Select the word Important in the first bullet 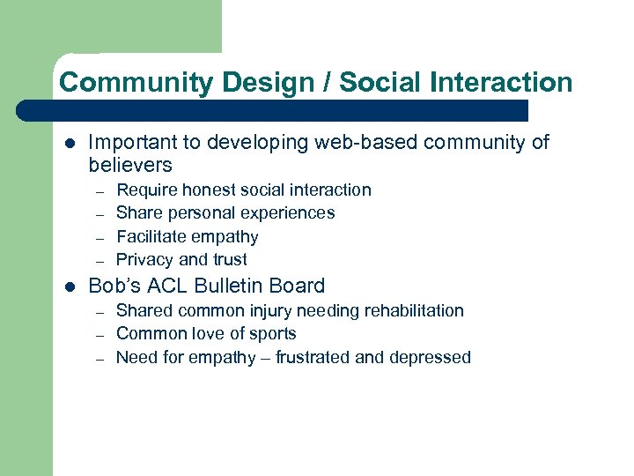(129, 143)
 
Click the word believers (130, 166)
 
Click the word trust (229, 259)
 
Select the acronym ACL (173, 286)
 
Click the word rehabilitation (409, 310)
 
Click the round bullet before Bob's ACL (70, 286)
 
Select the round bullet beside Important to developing (70, 144)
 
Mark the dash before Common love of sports (100, 334)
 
